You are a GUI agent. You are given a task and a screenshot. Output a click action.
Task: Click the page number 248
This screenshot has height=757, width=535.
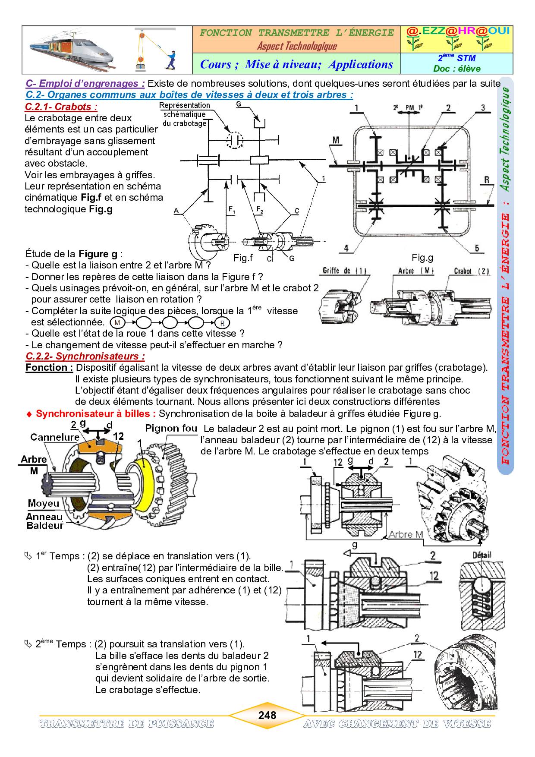(267, 715)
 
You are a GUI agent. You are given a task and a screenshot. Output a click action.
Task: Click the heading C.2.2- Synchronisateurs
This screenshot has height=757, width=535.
(85, 356)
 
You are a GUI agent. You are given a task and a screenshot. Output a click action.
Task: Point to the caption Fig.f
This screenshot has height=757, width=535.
(243, 258)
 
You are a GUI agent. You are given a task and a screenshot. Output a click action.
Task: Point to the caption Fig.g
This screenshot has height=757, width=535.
(422, 258)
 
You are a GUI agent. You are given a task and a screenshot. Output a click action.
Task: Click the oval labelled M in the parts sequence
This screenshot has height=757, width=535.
(117, 322)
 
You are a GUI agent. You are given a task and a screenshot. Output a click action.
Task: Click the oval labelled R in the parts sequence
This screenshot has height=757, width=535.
(222, 323)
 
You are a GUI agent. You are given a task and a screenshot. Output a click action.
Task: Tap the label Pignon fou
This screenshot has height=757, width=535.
(171, 429)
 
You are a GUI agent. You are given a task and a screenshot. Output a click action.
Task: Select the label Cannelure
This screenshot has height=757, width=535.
(55, 437)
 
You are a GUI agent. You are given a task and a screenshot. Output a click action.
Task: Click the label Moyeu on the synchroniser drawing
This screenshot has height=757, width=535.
(44, 503)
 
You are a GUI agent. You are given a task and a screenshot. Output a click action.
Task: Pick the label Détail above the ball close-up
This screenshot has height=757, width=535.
(482, 555)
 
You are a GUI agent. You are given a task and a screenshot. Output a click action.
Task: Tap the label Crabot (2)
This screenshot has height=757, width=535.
(472, 271)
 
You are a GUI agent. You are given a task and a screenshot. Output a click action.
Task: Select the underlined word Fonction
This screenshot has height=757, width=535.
(49, 368)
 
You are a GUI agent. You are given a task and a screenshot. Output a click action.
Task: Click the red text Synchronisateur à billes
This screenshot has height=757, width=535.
(95, 413)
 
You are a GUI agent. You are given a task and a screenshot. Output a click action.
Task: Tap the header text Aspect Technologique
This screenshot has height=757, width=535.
(297, 46)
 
